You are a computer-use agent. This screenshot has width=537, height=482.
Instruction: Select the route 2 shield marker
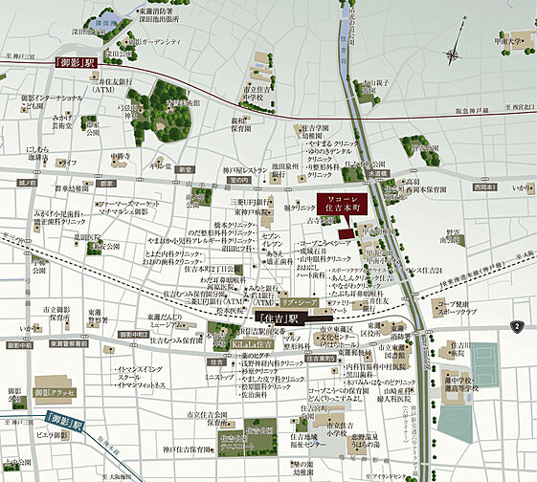[517, 327]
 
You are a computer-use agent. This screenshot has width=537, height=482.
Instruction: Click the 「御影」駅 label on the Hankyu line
[78, 63]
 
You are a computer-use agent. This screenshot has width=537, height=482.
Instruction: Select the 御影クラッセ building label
[55, 392]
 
